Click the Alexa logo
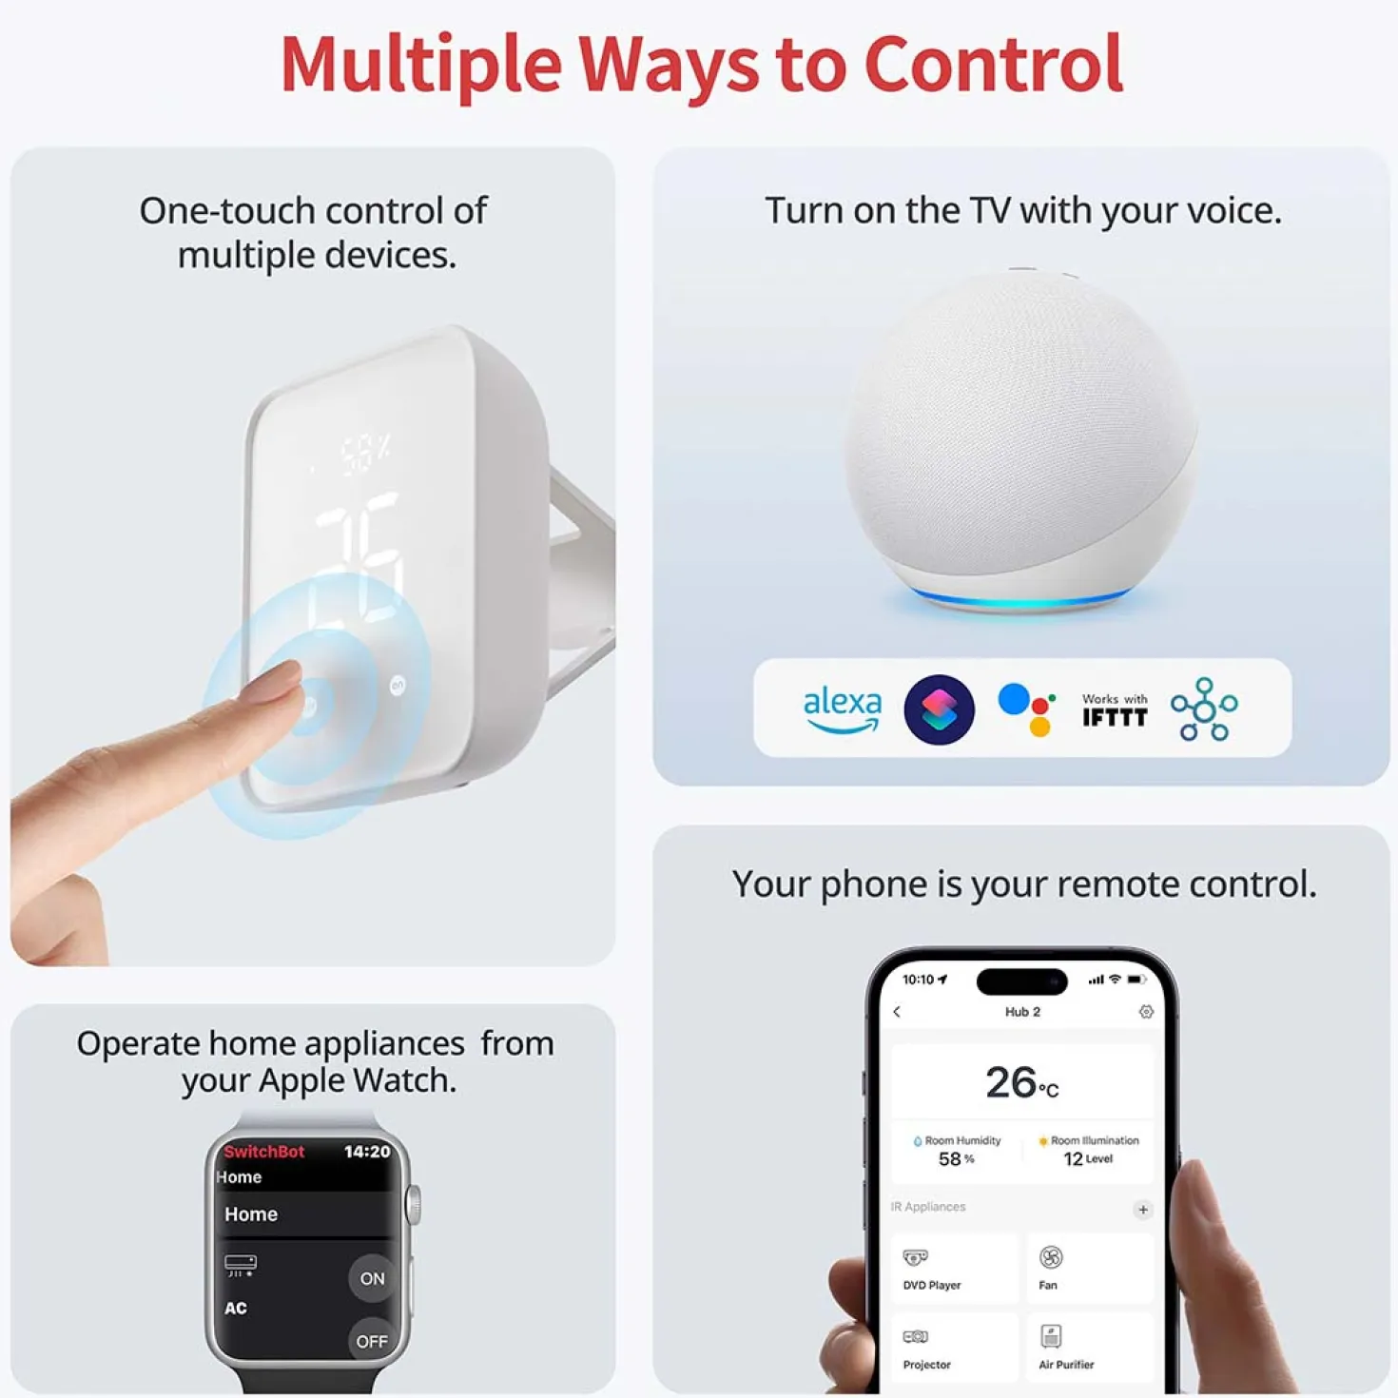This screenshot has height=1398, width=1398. click(x=843, y=709)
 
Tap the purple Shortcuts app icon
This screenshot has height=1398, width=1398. click(x=939, y=709)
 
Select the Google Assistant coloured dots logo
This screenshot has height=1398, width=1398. click(x=1026, y=709)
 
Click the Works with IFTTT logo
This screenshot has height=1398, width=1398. click(x=1115, y=709)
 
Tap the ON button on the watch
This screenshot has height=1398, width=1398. click(x=372, y=1277)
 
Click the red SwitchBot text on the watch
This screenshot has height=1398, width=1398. click(x=264, y=1152)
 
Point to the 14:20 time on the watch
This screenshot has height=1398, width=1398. click(x=367, y=1152)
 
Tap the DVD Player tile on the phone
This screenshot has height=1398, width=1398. click(x=954, y=1269)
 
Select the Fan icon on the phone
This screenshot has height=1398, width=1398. click(x=1051, y=1257)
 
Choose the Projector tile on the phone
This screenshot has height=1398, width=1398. click(x=954, y=1348)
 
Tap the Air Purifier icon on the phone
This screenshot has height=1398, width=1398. click(x=1051, y=1335)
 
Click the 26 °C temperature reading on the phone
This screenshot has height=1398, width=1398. click(x=1021, y=1082)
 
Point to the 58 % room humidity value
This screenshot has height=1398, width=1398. click(x=956, y=1158)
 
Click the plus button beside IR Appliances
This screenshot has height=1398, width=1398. click(x=1142, y=1210)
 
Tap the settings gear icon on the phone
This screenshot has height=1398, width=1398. click(x=1146, y=1011)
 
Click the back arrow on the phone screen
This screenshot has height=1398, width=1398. click(x=898, y=1011)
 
